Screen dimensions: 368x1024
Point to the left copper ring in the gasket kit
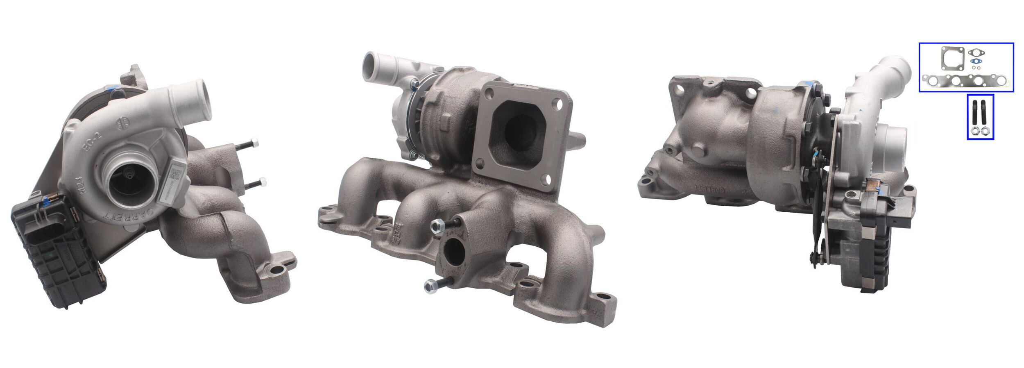[973, 68]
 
